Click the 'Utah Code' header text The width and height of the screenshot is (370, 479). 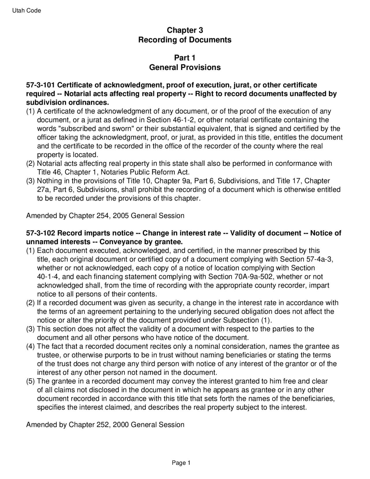pyautogui.click(x=27, y=11)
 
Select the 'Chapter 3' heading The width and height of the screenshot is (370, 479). pyautogui.click(x=185, y=30)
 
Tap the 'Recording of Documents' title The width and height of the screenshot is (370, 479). pyautogui.click(x=185, y=40)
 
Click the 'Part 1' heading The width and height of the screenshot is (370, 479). pyautogui.click(x=185, y=58)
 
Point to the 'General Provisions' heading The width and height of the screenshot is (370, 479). pyautogui.click(x=185, y=67)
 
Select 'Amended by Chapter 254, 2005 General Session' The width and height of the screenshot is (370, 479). pyautogui.click(x=105, y=216)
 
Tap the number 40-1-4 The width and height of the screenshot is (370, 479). pyautogui.click(x=49, y=277)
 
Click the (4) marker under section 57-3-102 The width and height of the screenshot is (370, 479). pyautogui.click(x=31, y=347)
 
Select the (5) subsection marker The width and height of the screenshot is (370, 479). pyautogui.click(x=31, y=381)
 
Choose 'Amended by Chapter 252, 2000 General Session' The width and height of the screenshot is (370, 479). pyautogui.click(x=105, y=425)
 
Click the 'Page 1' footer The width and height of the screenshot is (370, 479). pyautogui.click(x=181, y=463)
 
